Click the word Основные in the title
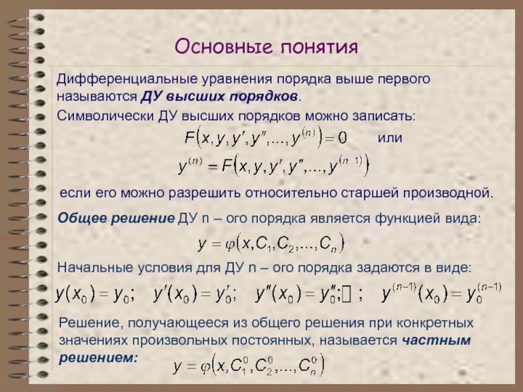coord(224,46)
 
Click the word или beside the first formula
coord(390,137)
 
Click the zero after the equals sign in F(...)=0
coord(342,138)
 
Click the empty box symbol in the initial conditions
coord(346,295)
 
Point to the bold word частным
coord(436,340)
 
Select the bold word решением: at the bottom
coord(99,358)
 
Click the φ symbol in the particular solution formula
coord(205,367)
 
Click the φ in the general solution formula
coord(230,244)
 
